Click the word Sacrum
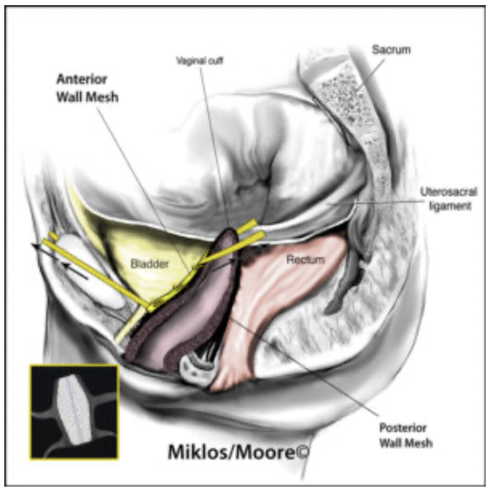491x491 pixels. tap(391, 50)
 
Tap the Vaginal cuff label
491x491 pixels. tap(199, 60)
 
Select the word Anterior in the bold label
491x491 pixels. tap(82, 79)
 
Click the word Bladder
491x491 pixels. tap(150, 264)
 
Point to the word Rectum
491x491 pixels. tap(306, 259)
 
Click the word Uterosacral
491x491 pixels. tap(448, 192)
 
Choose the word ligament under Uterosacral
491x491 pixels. tap(450, 206)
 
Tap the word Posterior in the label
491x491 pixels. tap(403, 427)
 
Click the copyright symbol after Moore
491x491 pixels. tap(302, 452)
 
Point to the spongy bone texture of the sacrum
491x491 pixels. tap(345, 98)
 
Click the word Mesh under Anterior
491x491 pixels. tap(103, 98)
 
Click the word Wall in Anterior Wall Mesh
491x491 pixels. tap(70, 98)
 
